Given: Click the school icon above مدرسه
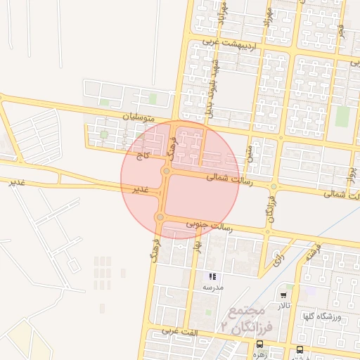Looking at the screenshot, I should click(x=212, y=277).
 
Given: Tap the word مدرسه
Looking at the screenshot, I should click(x=212, y=288).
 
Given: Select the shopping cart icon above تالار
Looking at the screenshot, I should click(x=283, y=295).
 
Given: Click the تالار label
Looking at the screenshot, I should click(x=283, y=305).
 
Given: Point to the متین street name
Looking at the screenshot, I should click(x=248, y=153).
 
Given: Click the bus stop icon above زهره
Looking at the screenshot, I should click(x=260, y=344).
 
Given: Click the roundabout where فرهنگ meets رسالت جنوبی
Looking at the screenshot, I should click(x=160, y=217).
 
